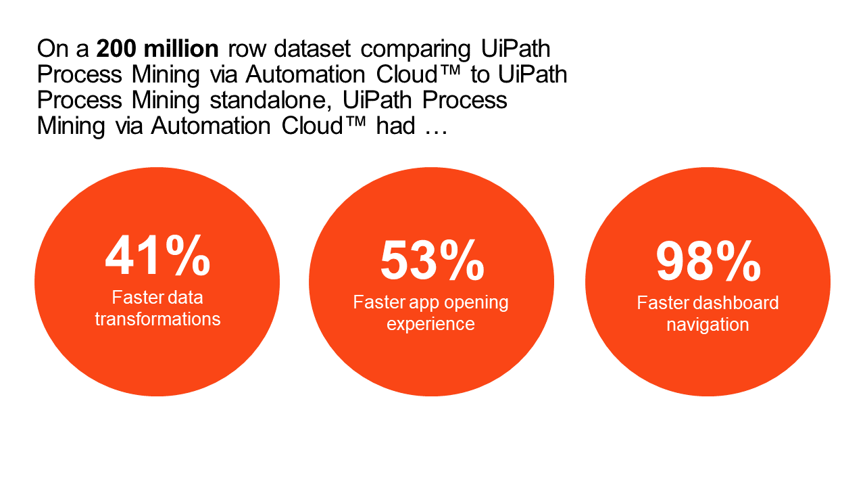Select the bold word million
[181, 49]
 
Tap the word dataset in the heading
[312, 49]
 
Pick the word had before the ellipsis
[396, 126]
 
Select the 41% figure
[158, 256]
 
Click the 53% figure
[432, 260]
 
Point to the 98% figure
[709, 261]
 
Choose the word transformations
[157, 319]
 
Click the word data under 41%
[184, 298]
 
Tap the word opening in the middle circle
[476, 303]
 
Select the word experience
[430, 324]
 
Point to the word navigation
[708, 325]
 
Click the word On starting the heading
[53, 49]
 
